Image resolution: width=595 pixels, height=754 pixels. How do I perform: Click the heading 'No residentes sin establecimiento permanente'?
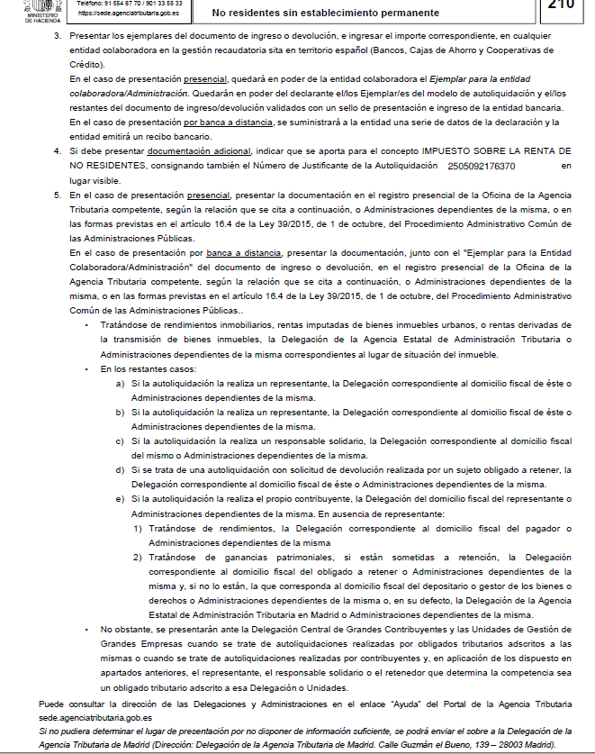326,14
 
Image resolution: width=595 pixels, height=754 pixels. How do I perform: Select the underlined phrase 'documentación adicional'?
200,150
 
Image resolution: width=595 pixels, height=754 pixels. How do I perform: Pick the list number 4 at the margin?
57,150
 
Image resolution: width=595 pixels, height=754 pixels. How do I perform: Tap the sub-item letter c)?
121,441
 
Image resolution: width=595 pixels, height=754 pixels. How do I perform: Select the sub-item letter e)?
121,498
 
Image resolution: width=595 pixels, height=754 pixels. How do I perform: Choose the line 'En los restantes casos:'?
149,369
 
